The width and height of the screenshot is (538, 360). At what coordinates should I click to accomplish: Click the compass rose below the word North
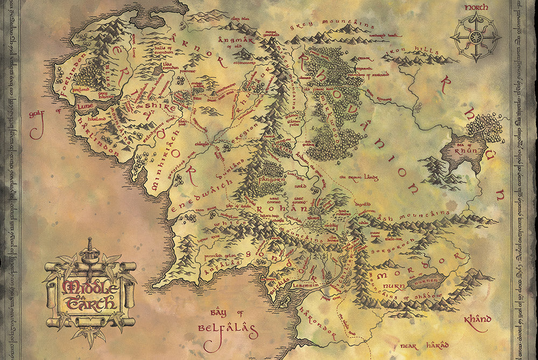[476, 38]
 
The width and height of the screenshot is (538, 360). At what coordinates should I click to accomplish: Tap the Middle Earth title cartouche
[90, 294]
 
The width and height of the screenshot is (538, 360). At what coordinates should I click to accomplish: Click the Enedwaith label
[203, 192]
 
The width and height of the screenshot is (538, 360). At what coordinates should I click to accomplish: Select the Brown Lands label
[359, 177]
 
